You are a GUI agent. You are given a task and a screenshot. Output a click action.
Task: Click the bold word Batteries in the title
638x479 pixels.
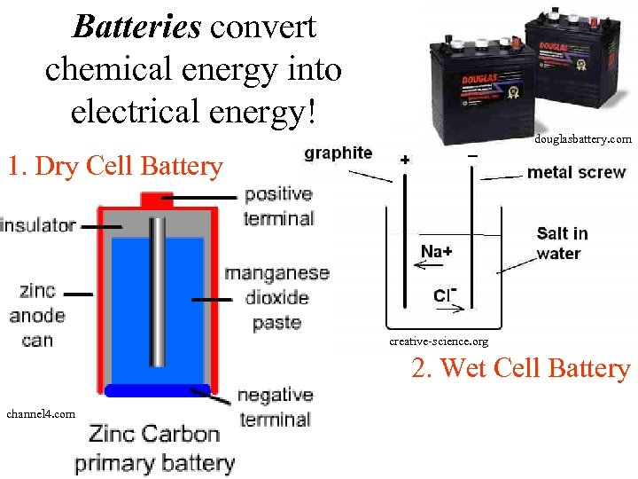pos(136,27)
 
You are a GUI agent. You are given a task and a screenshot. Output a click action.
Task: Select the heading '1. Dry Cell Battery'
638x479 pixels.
pos(114,166)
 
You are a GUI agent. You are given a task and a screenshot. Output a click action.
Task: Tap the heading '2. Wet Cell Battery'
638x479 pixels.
pos(520,367)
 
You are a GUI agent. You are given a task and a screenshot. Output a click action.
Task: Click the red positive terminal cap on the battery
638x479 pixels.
pos(157,199)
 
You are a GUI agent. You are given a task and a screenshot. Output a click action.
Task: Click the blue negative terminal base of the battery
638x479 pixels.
pos(157,389)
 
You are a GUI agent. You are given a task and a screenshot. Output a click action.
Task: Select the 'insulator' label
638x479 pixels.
pos(38,225)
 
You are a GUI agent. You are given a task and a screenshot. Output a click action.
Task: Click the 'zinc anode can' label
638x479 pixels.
pos(36,315)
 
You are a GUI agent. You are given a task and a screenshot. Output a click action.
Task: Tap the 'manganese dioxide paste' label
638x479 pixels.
pos(276,298)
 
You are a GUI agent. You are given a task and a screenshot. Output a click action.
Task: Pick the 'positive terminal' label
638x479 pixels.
pos(278,206)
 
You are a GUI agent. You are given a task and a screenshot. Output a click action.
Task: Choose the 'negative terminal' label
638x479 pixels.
pos(275,407)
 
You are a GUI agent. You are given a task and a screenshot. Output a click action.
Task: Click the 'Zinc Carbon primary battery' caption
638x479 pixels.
pos(154,448)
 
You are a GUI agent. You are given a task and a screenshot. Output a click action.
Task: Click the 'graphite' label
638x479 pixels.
pos(338,153)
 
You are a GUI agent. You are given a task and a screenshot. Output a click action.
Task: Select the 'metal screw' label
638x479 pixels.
pos(576,172)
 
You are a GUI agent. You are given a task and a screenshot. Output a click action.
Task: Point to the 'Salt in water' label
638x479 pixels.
pos(562,243)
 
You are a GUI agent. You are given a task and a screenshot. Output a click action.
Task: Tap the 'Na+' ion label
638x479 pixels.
pos(436,252)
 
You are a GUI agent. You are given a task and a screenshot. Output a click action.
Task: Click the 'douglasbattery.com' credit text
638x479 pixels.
pos(582,139)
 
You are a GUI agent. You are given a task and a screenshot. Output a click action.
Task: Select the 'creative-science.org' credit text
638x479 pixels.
pos(439,342)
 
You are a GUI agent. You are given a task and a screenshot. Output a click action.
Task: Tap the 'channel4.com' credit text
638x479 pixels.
pos(41,413)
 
